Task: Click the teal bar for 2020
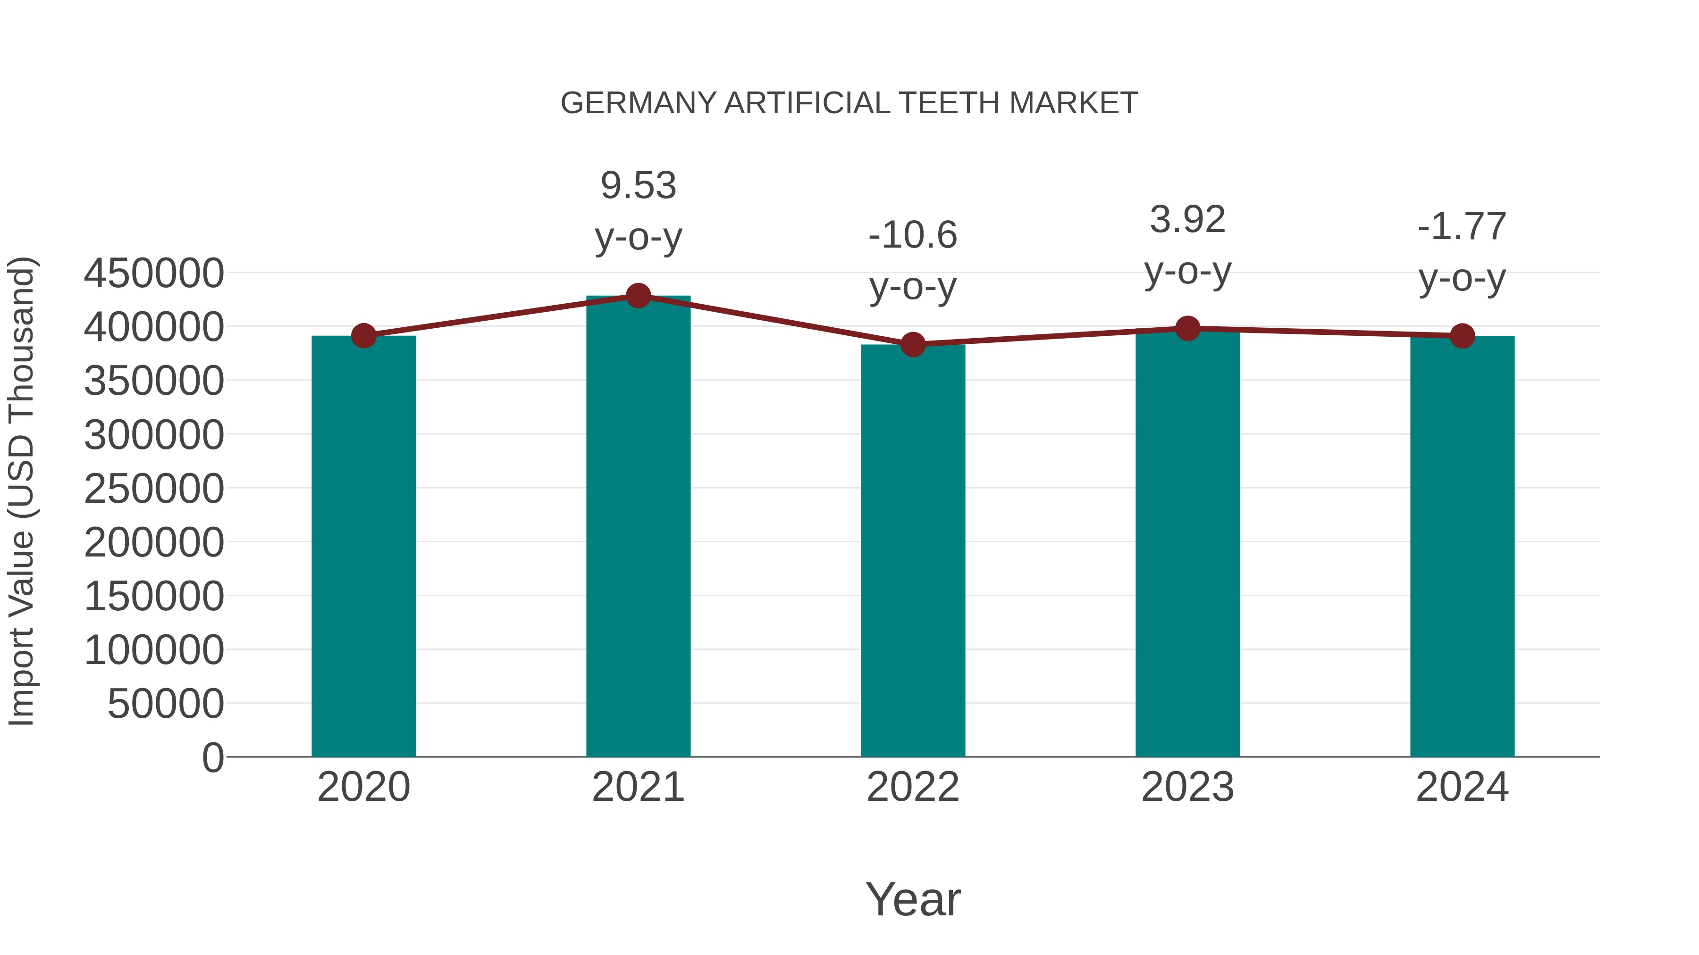363,547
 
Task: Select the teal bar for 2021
638,527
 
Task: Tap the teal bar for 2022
913,551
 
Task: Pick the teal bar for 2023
1187,543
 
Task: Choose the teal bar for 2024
1462,547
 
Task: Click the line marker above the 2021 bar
638,296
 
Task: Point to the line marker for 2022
913,344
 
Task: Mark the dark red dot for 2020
363,336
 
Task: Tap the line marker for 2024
1462,336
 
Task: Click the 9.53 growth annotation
638,186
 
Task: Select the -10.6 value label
913,235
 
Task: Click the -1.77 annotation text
1462,227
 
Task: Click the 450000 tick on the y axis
154,274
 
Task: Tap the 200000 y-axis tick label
154,543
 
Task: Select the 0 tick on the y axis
212,758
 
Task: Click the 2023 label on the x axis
1187,787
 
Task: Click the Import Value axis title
21,491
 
